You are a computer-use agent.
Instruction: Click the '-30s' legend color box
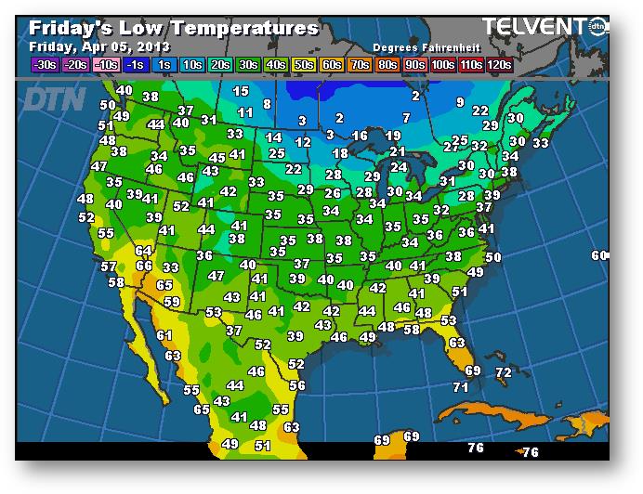[x=45, y=65]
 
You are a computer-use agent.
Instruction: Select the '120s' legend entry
[x=498, y=65]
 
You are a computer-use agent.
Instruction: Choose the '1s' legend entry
[x=164, y=65]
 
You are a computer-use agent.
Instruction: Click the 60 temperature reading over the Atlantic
[x=599, y=255]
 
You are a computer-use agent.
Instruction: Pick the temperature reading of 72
[x=503, y=372]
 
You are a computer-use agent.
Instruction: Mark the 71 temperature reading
[x=461, y=387]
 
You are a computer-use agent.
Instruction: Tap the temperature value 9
[x=459, y=101]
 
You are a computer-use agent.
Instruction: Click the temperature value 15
[x=241, y=91]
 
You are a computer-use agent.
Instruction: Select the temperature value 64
[x=143, y=250]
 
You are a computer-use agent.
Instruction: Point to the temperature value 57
[x=109, y=266]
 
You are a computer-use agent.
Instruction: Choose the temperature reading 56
[x=296, y=384]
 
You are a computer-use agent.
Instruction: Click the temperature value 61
[x=164, y=335]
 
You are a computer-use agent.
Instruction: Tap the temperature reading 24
[x=398, y=167]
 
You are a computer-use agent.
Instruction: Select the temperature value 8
[x=267, y=104]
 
